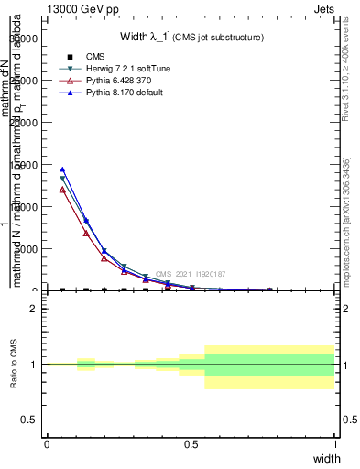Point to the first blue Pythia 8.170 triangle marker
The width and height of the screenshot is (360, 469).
coord(62,169)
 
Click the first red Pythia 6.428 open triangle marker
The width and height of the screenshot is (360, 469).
coord(62,190)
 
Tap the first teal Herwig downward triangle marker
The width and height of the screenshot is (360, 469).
coord(62,179)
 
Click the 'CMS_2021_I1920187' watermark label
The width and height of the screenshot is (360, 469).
coord(190,274)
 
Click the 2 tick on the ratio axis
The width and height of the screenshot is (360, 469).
coord(34,309)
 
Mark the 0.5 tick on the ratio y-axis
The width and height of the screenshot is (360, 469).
coord(30,420)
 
